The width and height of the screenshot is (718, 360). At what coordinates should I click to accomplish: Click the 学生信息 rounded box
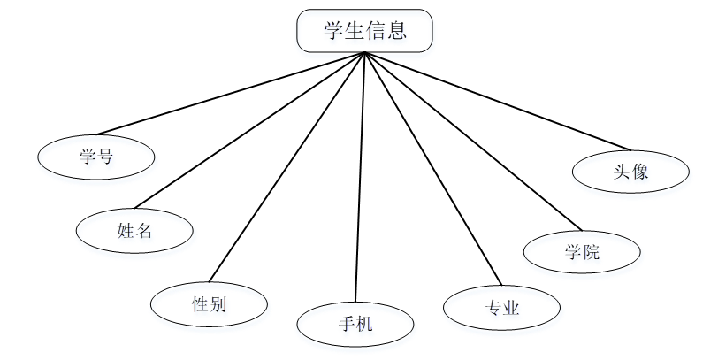[364, 31]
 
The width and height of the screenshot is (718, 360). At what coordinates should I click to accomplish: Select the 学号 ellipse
[96, 157]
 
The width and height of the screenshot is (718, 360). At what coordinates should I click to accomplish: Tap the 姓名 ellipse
[134, 231]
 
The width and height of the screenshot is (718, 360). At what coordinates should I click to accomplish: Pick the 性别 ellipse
[209, 304]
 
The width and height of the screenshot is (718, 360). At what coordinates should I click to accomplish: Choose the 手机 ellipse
[355, 325]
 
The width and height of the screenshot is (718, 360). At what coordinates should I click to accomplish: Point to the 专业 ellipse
[501, 308]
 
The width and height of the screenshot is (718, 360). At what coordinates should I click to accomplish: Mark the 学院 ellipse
[582, 252]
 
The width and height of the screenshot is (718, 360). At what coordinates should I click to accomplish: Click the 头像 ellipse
[630, 172]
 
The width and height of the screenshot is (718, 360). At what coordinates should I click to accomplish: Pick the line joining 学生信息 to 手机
[359, 177]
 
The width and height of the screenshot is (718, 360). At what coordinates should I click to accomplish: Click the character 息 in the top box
[396, 32]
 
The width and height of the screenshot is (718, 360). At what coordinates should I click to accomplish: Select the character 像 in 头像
[639, 172]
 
